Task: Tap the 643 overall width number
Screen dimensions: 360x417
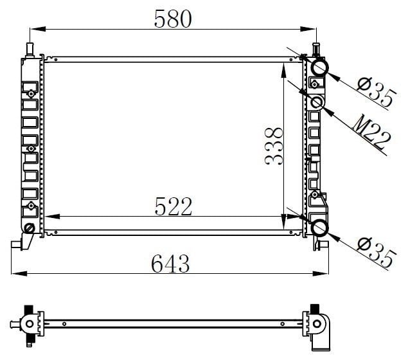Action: click(x=170, y=263)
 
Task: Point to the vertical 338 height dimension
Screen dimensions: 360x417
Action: click(x=274, y=146)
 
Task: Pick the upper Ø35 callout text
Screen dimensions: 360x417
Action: click(x=376, y=92)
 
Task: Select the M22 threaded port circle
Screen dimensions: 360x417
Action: click(x=317, y=103)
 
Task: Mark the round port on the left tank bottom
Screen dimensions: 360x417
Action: click(x=29, y=228)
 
